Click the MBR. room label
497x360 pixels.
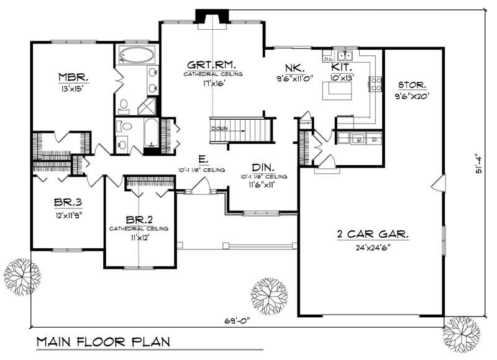coord(73,78)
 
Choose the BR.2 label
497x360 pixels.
coord(139,220)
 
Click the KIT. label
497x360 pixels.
coord(342,66)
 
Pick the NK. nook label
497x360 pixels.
coord(293,67)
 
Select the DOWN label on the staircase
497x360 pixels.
coord(219,128)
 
